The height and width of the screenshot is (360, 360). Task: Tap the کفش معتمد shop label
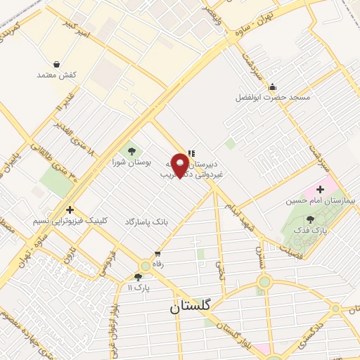click(x=59, y=74)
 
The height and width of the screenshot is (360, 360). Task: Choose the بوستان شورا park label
click(x=128, y=162)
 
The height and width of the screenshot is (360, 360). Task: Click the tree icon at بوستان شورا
click(x=129, y=150)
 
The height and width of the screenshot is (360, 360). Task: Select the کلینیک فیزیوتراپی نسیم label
click(x=71, y=221)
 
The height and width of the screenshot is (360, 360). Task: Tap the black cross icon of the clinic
click(x=70, y=210)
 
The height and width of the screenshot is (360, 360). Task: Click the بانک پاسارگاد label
click(x=147, y=221)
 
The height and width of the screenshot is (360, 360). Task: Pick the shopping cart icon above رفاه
click(x=158, y=253)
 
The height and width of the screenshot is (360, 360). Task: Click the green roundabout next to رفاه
click(x=145, y=266)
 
